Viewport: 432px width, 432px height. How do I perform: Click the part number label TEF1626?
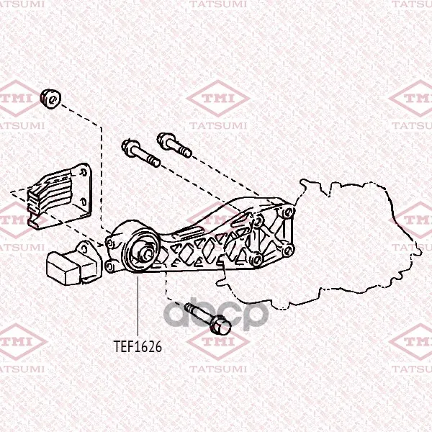point(138,346)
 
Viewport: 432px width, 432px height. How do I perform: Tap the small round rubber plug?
point(50,99)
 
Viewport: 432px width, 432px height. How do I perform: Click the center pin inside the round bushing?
point(145,253)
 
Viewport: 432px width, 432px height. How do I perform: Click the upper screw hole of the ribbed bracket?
point(82,173)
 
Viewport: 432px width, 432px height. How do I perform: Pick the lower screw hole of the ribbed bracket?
point(84,202)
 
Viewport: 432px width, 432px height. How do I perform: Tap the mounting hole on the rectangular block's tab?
point(84,250)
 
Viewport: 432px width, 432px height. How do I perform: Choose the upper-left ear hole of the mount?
point(109,243)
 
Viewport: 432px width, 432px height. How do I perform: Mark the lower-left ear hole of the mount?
point(109,266)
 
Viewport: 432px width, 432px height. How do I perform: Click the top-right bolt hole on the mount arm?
point(288,212)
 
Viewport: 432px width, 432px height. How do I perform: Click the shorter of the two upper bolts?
point(174,145)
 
